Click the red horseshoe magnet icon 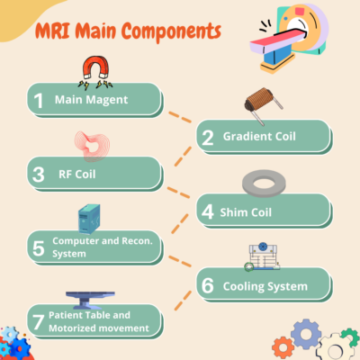(x=93, y=69)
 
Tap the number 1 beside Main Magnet (x=39, y=100)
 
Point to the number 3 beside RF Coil (x=39, y=175)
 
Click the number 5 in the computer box (x=39, y=247)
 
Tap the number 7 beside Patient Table (x=39, y=321)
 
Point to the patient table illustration (x=94, y=294)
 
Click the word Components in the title (x=167, y=32)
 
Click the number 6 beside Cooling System (x=208, y=285)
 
